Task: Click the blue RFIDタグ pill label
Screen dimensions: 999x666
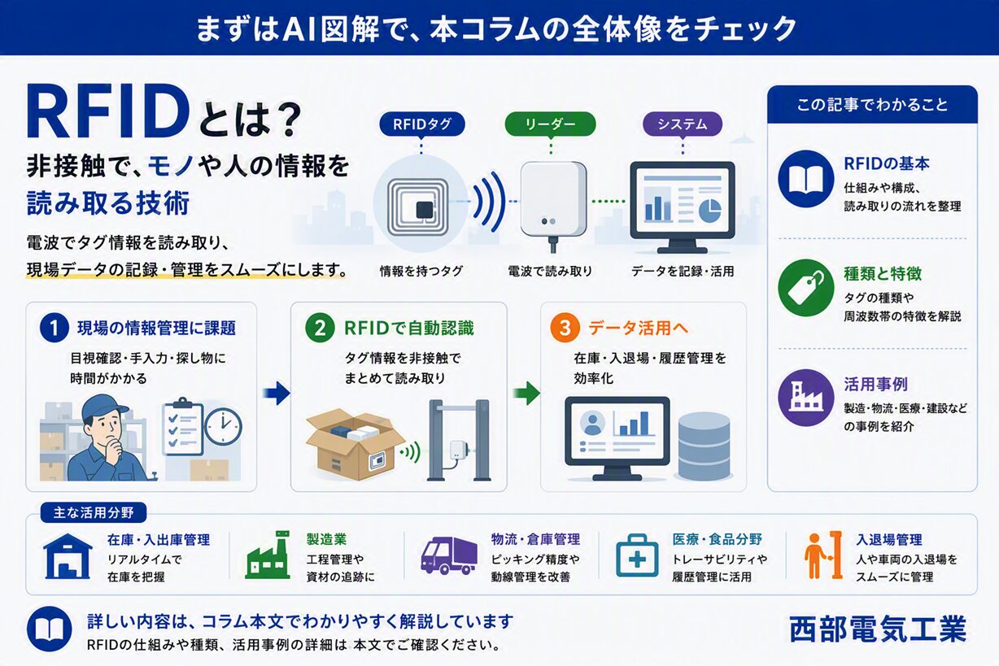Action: point(422,124)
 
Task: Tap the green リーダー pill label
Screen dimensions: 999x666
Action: point(550,124)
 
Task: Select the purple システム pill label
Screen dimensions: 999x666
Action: point(683,124)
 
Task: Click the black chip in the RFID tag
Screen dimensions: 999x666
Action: point(425,210)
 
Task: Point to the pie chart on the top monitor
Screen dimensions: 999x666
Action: point(710,211)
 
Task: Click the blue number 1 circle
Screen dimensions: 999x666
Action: point(54,328)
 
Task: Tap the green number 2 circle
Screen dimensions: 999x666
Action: point(320,328)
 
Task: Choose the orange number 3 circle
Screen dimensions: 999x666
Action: point(565,328)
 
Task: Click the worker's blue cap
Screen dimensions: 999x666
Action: point(104,406)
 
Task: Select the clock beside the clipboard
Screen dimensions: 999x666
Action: point(223,427)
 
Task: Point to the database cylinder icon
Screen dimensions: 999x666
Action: point(704,446)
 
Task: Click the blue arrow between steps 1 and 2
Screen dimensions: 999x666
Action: point(277,393)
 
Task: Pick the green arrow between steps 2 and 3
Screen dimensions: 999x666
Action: point(526,393)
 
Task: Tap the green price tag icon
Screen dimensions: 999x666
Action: point(806,288)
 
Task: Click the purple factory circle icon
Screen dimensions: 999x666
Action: point(806,398)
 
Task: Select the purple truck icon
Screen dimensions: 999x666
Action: point(449,555)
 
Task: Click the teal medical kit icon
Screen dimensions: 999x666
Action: point(637,555)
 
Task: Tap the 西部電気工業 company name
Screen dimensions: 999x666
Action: point(878,629)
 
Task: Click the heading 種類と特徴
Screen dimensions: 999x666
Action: point(883,274)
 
